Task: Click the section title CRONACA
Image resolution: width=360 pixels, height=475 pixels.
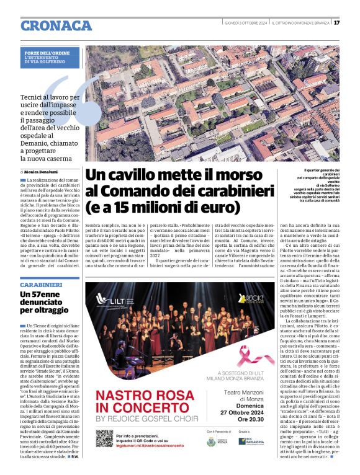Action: [x=56, y=25]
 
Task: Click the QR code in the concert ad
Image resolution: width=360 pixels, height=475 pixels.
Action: [x=104, y=438]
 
